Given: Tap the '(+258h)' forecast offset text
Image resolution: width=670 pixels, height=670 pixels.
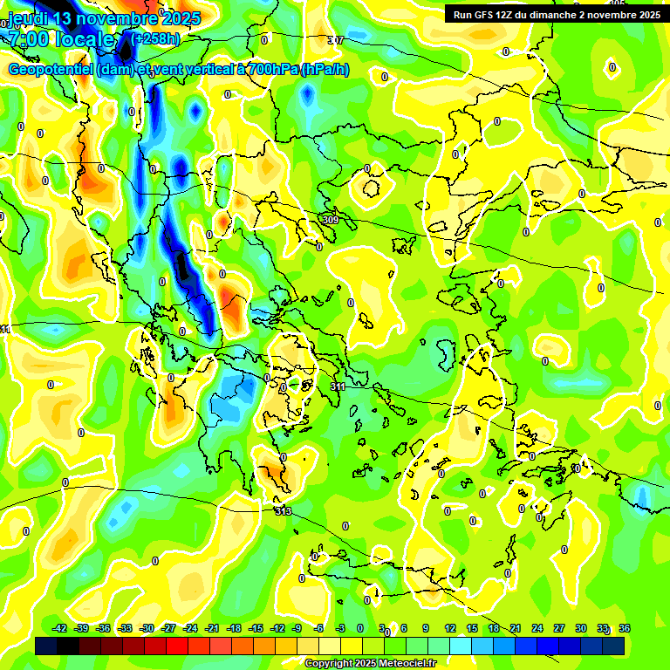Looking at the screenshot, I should pos(155,38).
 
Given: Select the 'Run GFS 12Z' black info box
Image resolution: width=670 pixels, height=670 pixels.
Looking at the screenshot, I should pos(554,14).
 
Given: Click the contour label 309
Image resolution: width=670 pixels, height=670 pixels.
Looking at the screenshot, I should pos(330,220).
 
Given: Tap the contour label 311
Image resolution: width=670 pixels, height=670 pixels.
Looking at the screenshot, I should pos(338,386).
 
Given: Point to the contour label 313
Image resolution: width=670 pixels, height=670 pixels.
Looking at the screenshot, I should pos(283,511).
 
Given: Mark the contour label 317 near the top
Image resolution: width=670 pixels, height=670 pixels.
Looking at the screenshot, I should pos(335,41).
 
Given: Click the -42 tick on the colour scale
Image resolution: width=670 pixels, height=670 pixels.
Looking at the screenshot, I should pos(60,628).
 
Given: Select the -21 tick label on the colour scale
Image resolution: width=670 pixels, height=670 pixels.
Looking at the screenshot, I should pos(212,628).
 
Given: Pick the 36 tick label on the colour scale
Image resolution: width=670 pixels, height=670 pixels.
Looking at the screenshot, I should pos(625,628).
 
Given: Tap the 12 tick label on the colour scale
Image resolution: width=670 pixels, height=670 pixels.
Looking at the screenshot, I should pos(449,628).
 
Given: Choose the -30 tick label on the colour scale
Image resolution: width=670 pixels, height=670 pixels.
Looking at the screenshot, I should pos(147,628).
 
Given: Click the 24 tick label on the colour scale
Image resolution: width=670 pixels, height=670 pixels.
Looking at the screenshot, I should pos(537,628).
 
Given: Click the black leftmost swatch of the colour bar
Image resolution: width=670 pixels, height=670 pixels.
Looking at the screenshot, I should pos(46,646).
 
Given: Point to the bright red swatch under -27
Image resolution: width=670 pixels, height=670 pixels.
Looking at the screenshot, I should pos(177,646).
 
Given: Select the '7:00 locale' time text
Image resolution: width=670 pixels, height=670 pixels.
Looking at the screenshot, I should pos(61,39).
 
